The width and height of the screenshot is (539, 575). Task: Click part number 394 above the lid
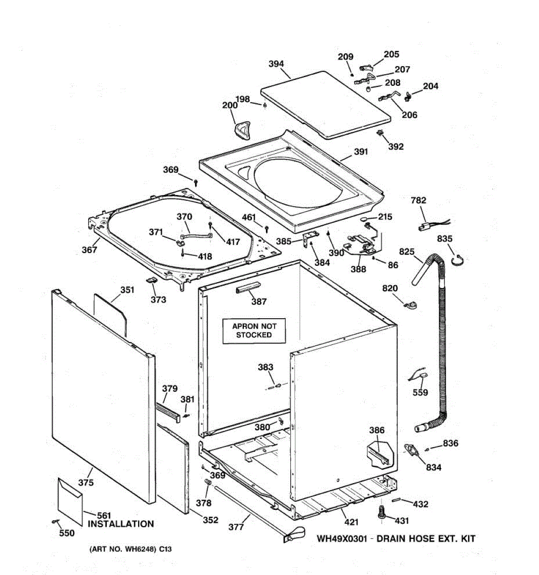click(276, 64)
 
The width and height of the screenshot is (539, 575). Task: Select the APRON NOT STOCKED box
click(253, 331)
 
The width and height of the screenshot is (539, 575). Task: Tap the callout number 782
click(418, 200)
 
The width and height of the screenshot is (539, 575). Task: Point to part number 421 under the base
click(351, 522)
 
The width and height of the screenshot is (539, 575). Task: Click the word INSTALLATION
click(121, 524)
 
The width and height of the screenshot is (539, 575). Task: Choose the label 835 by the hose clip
click(445, 239)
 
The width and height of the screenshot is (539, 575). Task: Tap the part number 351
click(127, 289)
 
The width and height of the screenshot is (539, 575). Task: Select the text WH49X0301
click(342, 539)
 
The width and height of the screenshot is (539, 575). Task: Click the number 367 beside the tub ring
click(90, 249)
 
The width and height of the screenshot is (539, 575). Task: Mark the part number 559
click(420, 393)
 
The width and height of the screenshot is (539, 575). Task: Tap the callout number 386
click(377, 430)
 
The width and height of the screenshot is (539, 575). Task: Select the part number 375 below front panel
click(86, 483)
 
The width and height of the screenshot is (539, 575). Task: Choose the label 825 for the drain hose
click(407, 252)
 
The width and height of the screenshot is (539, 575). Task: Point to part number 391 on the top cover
click(361, 151)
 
